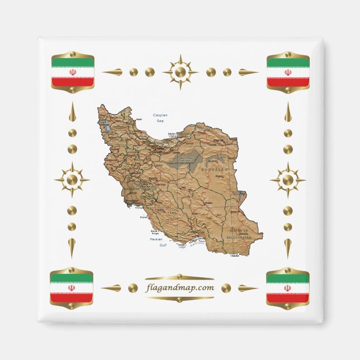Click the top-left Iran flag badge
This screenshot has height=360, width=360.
click(x=72, y=72)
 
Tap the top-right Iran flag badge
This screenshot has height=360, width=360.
click(x=288, y=72)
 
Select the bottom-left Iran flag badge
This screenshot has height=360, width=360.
click(x=72, y=288)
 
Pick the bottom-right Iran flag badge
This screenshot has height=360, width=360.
click(x=287, y=288)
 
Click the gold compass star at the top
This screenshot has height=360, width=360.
click(x=180, y=72)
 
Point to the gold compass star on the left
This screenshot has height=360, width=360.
click(x=72, y=180)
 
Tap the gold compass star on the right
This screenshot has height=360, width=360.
click(x=287, y=180)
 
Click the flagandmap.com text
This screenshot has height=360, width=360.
click(x=179, y=288)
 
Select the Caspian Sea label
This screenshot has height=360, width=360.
click(x=160, y=117)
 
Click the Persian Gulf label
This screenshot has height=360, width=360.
click(x=159, y=241)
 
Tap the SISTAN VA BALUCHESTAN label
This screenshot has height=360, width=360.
click(x=241, y=233)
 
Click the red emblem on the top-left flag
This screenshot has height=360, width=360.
click(x=72, y=72)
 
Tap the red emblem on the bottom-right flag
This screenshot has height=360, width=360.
click(x=287, y=288)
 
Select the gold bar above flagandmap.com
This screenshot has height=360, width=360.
click(x=179, y=277)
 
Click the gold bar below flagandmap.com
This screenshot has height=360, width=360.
click(x=179, y=299)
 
